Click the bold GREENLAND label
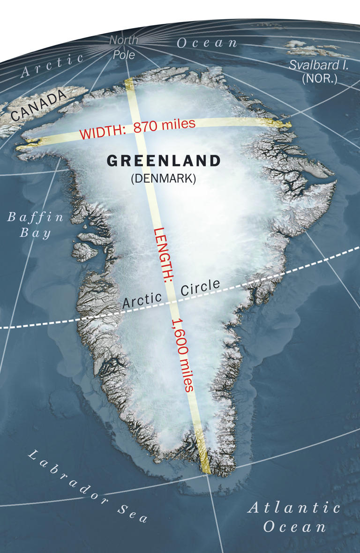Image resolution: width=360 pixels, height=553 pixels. point(164,161)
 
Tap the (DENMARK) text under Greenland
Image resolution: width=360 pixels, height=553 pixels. point(164,178)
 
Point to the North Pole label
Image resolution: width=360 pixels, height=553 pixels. point(124,47)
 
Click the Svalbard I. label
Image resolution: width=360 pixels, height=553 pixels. point(319,65)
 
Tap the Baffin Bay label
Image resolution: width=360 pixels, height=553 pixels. point(36,225)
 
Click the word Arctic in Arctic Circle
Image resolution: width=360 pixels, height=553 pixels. point(142,299)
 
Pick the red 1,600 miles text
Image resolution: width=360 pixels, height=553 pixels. point(183,354)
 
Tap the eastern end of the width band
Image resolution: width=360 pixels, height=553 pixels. point(285,124)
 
